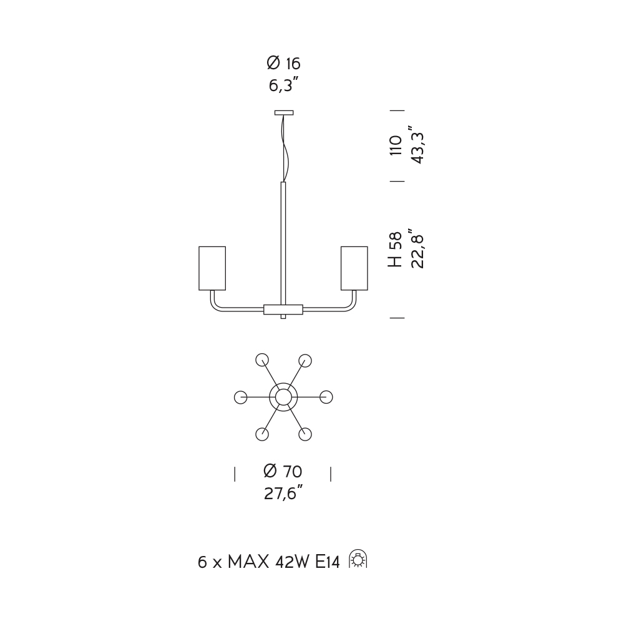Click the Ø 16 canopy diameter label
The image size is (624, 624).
pos(283,63)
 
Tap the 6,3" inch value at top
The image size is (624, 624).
pos(283,85)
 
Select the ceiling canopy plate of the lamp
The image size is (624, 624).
pos(284,112)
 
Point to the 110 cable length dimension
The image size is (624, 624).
pos(396,145)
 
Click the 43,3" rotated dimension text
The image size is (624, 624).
pos(417,145)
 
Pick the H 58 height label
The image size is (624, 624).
pos(396,250)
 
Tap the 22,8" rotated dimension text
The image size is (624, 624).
pos(417,249)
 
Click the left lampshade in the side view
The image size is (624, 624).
pos(212,268)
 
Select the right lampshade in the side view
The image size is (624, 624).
pos(354,268)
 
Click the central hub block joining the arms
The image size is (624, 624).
pos(283,310)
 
